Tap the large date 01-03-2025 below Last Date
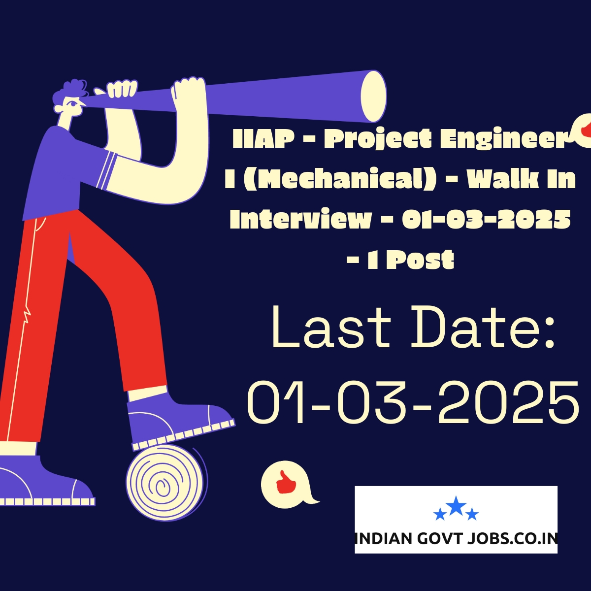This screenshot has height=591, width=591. click(413, 402)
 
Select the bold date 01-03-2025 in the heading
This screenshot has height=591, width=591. click(486, 219)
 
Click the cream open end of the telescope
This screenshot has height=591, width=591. click(373, 96)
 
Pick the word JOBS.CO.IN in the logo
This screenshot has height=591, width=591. click(512, 538)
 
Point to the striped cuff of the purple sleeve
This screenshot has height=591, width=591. click(106, 170)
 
